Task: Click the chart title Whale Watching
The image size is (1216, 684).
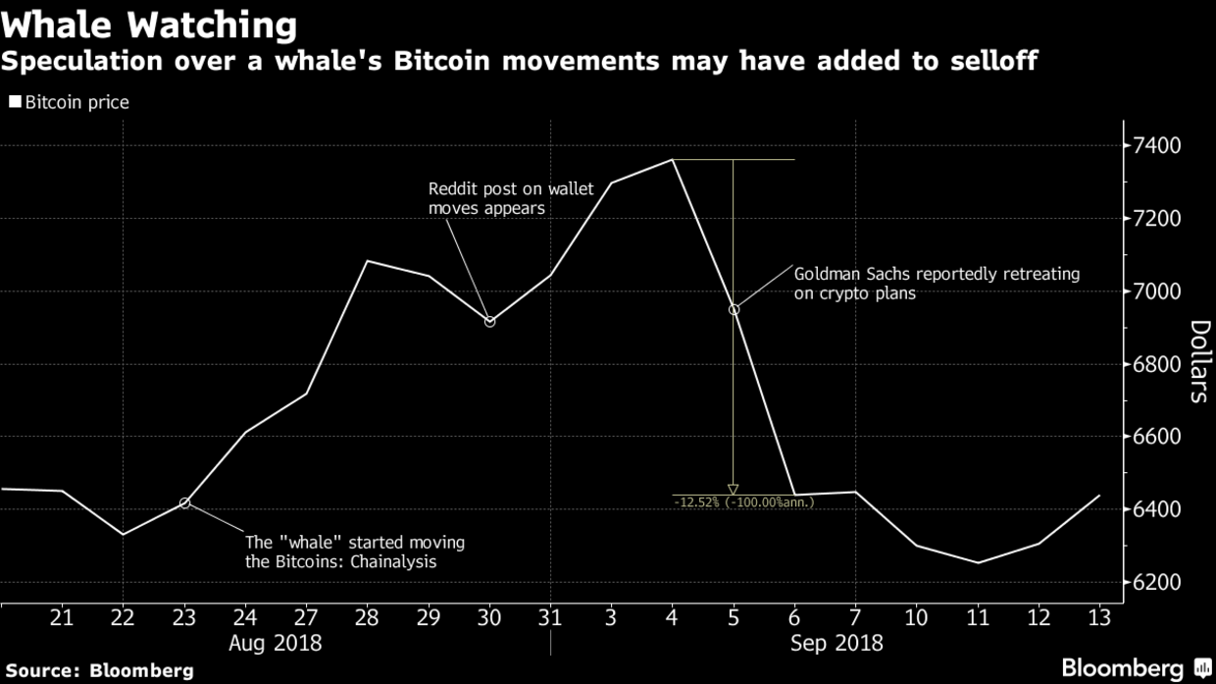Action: pyautogui.click(x=149, y=24)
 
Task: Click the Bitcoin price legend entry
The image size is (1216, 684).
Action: pyautogui.click(x=69, y=102)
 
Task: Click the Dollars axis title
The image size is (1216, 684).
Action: pyautogui.click(x=1197, y=361)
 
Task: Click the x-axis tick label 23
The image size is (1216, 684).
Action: pyautogui.click(x=183, y=617)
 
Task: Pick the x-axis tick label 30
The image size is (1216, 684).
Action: pyautogui.click(x=489, y=617)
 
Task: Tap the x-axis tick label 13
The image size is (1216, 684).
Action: pyautogui.click(x=1099, y=617)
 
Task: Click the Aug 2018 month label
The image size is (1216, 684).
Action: pyautogui.click(x=275, y=644)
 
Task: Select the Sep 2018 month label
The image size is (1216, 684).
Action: pyautogui.click(x=836, y=644)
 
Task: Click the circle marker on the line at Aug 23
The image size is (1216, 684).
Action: pyautogui.click(x=184, y=503)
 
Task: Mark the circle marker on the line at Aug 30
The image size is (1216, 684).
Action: pyautogui.click(x=490, y=321)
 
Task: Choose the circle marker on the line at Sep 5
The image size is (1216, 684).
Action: pyautogui.click(x=734, y=309)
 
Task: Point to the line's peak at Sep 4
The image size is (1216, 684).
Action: pyautogui.click(x=673, y=159)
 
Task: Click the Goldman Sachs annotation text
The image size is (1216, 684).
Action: pyautogui.click(x=936, y=284)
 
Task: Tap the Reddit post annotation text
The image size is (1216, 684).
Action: pyautogui.click(x=511, y=198)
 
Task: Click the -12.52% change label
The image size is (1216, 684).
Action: pyautogui.click(x=744, y=502)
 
